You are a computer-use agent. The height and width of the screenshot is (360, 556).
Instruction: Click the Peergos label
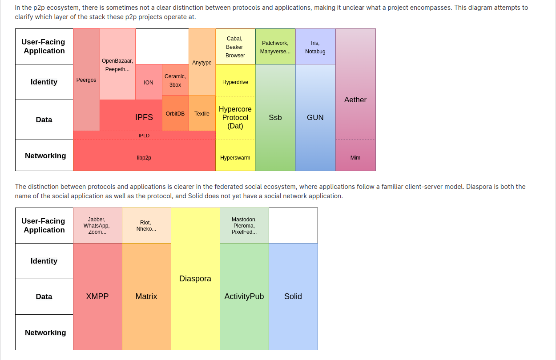(86, 80)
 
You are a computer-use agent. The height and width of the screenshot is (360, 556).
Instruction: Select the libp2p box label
(144, 158)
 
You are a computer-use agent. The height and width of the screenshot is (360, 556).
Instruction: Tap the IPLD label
(144, 136)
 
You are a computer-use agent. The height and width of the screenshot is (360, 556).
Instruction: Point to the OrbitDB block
(175, 114)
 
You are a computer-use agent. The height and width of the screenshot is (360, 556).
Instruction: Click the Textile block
(202, 114)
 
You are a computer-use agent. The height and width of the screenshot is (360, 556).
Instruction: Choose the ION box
(149, 83)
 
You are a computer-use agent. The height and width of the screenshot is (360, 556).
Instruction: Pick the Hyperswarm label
(235, 158)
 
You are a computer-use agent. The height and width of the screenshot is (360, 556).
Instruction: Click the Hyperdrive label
(235, 82)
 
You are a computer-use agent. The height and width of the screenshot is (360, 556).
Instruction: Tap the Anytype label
(202, 63)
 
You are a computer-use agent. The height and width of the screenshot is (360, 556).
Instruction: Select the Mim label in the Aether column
(355, 158)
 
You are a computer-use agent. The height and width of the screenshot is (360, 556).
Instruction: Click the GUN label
(315, 118)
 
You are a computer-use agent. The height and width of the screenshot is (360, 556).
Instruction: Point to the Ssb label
(275, 118)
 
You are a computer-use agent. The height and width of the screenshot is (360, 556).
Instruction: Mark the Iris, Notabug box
(315, 47)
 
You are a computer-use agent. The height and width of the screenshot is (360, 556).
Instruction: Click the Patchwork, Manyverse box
(275, 47)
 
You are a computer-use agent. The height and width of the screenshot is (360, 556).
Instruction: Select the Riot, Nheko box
(146, 226)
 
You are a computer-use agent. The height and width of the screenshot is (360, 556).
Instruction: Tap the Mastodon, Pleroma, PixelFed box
(244, 226)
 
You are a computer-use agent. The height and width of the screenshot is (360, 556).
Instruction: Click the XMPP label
(97, 296)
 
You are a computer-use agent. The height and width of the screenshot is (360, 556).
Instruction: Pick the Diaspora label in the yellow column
(195, 279)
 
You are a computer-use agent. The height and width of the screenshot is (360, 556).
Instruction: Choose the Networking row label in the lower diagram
(45, 332)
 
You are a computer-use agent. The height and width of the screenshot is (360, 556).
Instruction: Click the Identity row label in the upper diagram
(44, 82)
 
